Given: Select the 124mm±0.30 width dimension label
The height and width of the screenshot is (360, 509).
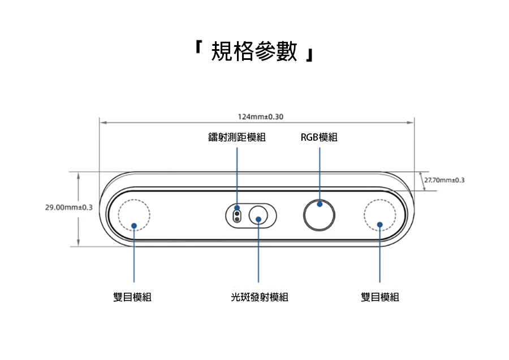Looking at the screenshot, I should [260, 117].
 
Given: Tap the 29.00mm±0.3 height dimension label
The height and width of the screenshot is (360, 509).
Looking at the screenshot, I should [69, 207].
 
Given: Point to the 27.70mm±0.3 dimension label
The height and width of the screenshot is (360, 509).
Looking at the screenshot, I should [444, 180].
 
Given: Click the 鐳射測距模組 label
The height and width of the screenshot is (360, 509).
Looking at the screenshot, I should [236, 137].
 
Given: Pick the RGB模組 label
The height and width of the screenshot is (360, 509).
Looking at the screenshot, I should [319, 137].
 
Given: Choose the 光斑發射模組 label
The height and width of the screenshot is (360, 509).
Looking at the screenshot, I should [260, 297].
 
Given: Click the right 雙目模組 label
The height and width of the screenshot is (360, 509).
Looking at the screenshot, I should [380, 297].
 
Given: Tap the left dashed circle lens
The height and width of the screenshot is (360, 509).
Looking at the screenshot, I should [134, 215].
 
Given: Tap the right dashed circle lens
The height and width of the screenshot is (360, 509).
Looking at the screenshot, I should [380, 215].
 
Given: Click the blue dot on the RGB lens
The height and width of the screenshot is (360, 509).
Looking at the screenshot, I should [320, 204].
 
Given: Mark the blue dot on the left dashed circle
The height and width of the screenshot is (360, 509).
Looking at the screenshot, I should [134, 225].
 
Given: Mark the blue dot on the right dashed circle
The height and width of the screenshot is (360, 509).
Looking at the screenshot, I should [380, 225].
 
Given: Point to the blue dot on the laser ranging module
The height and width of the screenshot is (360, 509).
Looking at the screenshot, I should [237, 209].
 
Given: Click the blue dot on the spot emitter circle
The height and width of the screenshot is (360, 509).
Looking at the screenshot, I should [258, 218].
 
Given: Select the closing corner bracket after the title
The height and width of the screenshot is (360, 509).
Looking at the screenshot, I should [308, 57].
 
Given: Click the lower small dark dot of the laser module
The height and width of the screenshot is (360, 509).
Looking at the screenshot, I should [237, 219].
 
